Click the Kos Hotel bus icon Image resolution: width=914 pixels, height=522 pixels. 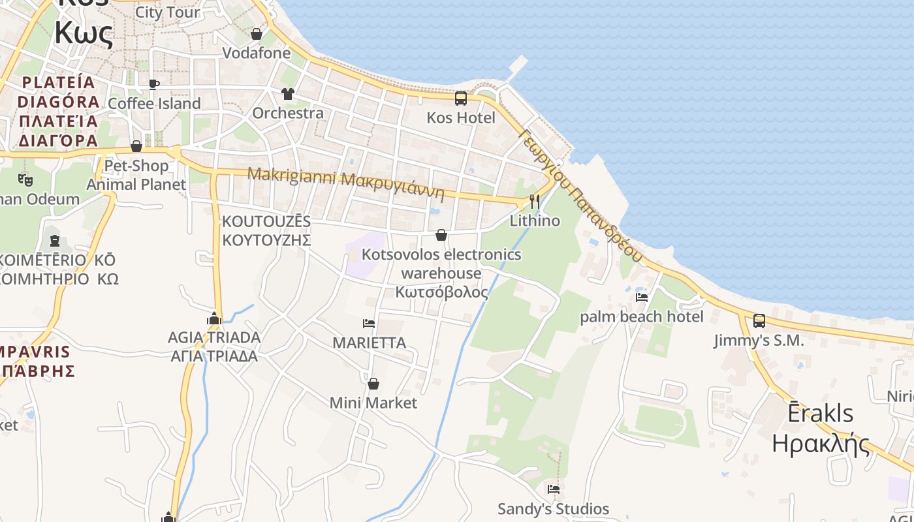(460, 99)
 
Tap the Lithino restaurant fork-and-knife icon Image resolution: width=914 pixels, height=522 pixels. (535, 201)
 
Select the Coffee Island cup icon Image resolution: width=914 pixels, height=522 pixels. (153, 84)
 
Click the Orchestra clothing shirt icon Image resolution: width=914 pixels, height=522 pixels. (288, 94)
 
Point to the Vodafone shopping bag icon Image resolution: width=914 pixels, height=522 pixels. (257, 34)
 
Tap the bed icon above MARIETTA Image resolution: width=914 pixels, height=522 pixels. (369, 323)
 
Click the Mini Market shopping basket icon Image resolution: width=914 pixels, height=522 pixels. (373, 384)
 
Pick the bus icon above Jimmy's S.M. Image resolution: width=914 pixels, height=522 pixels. (759, 321)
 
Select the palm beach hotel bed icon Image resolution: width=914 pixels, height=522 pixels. (642, 298)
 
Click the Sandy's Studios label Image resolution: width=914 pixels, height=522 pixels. (553, 509)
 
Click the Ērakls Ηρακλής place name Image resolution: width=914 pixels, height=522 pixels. (821, 428)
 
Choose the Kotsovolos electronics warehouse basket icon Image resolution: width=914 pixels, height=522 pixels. (441, 235)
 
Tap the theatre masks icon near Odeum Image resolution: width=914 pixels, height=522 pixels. (25, 179)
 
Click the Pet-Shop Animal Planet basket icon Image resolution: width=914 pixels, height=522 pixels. (136, 146)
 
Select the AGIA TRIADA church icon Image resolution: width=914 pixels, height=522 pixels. (214, 318)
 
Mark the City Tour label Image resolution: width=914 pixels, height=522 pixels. (168, 12)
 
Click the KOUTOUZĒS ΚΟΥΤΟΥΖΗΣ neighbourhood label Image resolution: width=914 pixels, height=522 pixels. (266, 230)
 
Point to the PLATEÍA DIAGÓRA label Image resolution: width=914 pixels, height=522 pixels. (59, 112)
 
